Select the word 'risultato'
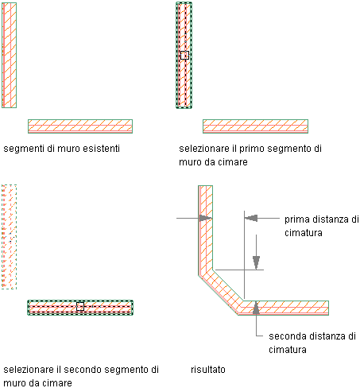click(208, 370)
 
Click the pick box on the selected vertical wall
click(184, 55)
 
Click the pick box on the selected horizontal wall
click(80, 306)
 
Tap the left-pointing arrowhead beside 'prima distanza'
click(250, 218)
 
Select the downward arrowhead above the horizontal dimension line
click(256, 262)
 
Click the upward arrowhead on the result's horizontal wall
click(256, 308)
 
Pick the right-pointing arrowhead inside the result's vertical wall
click(206, 218)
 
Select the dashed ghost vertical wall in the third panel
click(9, 237)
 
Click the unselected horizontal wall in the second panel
click(255, 126)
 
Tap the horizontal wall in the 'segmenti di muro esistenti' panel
click(80, 126)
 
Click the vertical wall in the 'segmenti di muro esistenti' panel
click(10, 55)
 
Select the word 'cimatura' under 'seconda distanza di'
click(288, 350)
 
